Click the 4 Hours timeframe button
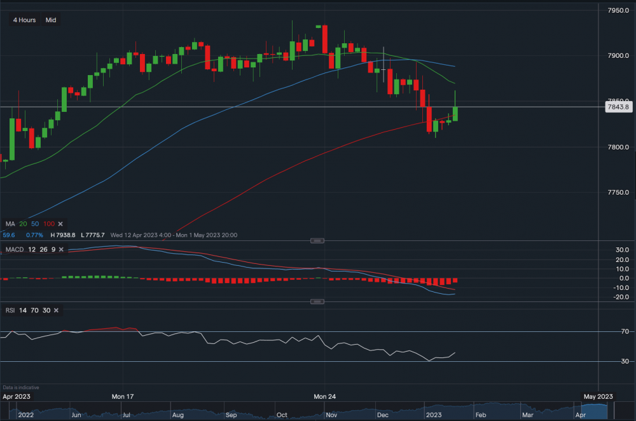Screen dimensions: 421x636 (24, 20)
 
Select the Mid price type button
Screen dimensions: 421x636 (51, 20)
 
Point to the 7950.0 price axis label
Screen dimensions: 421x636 (618, 10)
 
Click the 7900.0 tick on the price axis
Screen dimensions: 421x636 (618, 56)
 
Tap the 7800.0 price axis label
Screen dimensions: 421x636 (618, 147)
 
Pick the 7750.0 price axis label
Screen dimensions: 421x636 (618, 193)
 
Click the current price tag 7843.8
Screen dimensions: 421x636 (618, 107)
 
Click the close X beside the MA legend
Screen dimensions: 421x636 (60, 224)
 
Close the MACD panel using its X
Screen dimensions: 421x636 (60, 249)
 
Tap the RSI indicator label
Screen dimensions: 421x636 (11, 310)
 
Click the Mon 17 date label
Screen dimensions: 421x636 (123, 396)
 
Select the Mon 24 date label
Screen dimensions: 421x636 (324, 396)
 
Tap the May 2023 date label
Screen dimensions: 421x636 (598, 396)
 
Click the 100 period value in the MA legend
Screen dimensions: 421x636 (49, 224)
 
